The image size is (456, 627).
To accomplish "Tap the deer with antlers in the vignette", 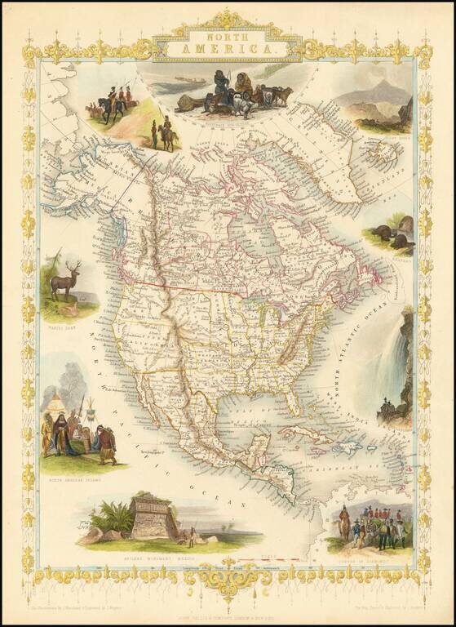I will (x=65, y=282).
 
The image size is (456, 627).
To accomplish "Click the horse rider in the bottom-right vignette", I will (x=345, y=522).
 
